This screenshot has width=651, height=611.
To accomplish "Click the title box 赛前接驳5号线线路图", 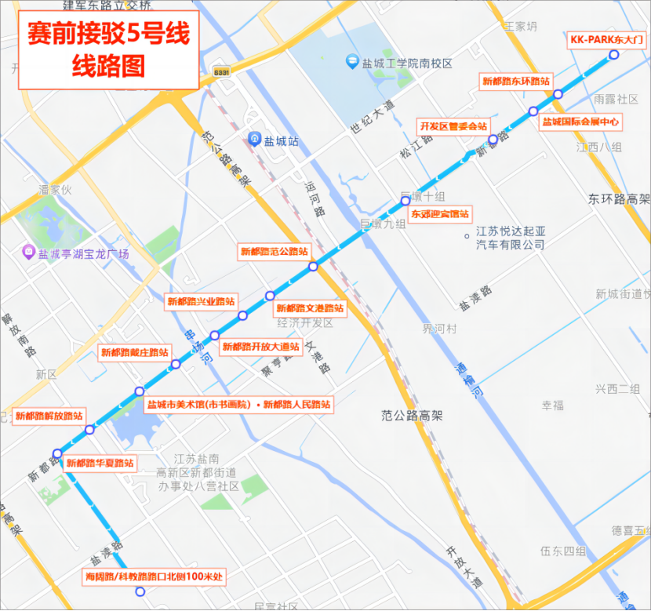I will [109, 49].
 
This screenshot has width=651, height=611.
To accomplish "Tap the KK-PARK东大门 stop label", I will [606, 38].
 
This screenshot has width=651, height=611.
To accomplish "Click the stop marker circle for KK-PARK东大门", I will [614, 54].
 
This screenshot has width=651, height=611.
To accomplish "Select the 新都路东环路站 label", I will [515, 80].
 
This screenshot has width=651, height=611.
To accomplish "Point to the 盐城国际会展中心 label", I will [581, 122].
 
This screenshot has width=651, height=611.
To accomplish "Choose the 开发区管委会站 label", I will [453, 125].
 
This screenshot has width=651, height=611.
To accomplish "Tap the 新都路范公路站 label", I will [274, 252].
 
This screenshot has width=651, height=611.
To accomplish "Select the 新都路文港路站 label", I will [311, 308].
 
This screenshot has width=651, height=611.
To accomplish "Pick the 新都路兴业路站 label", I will [202, 300].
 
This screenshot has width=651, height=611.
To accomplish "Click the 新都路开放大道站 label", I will [260, 346].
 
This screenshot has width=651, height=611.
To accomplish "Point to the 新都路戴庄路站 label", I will [135, 352].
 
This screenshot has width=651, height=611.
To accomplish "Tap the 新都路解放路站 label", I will [49, 416].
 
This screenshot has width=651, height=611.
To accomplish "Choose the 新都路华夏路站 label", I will [100, 463].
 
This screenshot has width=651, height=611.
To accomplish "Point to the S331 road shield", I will [222, 71].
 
